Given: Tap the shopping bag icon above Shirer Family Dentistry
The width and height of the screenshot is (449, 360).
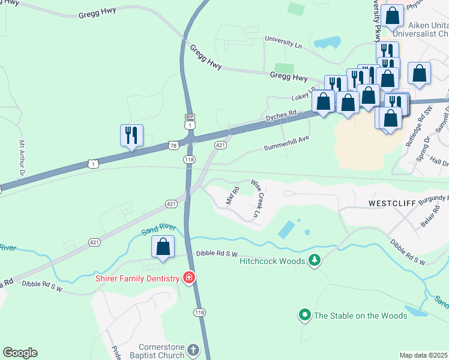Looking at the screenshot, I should pos(163,246).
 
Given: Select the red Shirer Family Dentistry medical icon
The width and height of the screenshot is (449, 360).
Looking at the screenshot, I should pos(188,278).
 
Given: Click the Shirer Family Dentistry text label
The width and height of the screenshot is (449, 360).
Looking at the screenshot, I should pos(137,278).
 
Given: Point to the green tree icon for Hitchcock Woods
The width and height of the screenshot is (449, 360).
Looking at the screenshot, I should pos(313,260).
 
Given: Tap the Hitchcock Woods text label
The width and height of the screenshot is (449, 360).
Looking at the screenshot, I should pos(273,261).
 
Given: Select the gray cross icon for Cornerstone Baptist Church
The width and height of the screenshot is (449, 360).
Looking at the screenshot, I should pos(193,349).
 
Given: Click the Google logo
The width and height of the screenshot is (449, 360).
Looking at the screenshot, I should pos(20,353).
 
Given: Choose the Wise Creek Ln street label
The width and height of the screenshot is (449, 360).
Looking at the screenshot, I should pos(257,197).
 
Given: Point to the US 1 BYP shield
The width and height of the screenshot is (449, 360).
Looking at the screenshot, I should pos(190,122).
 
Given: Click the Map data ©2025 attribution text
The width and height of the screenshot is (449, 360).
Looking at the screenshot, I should pos(424,355).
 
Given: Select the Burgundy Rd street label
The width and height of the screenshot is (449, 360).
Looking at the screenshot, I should pos(430,198).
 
